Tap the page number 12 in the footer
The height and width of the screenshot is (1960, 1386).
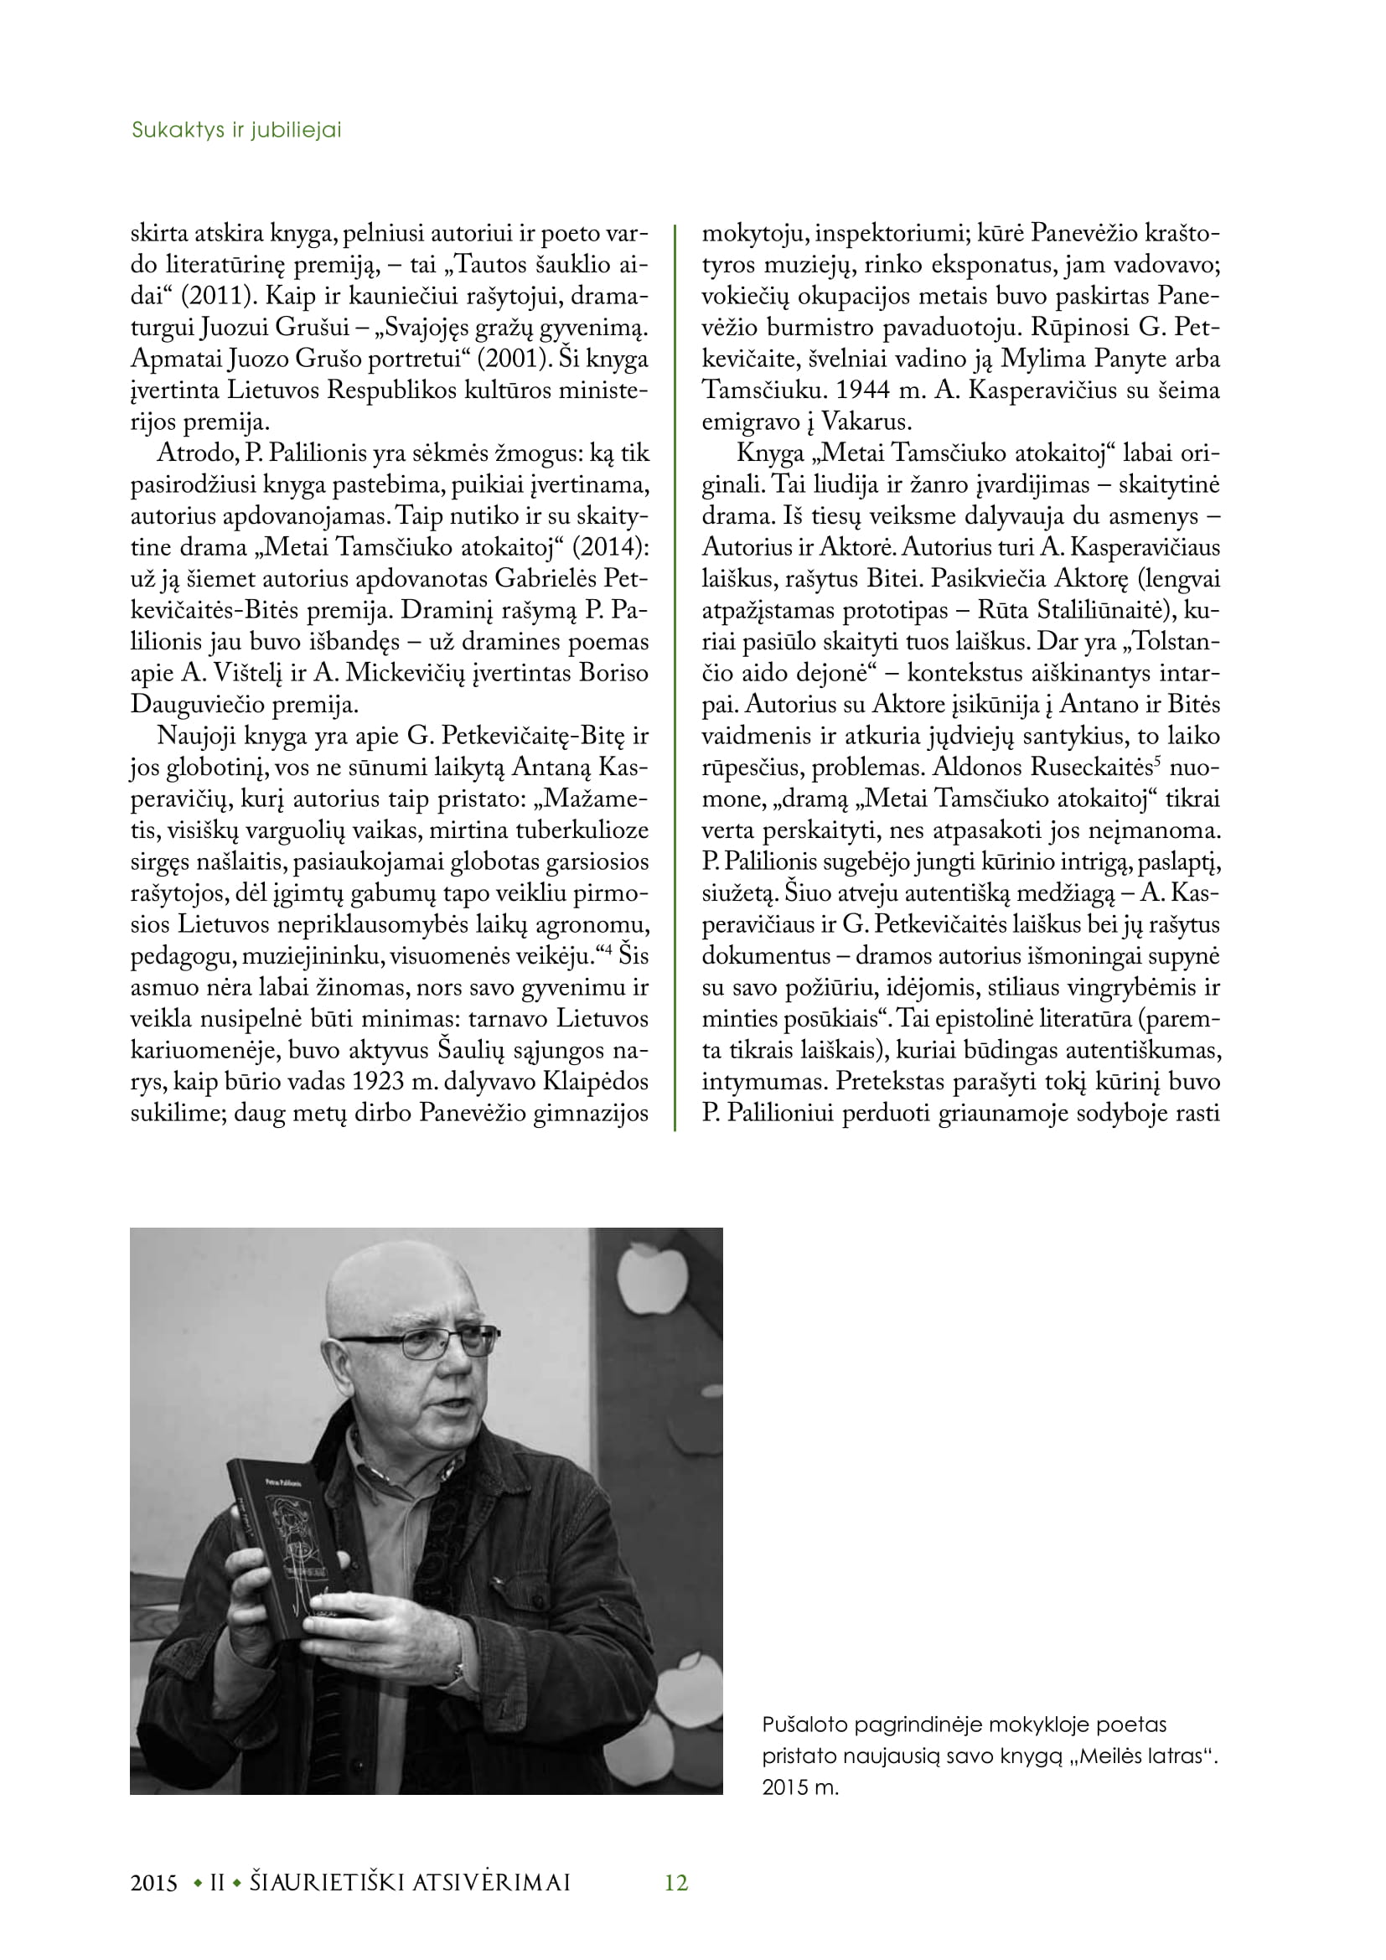(676, 1882)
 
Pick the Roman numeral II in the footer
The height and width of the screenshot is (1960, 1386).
(217, 1882)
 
